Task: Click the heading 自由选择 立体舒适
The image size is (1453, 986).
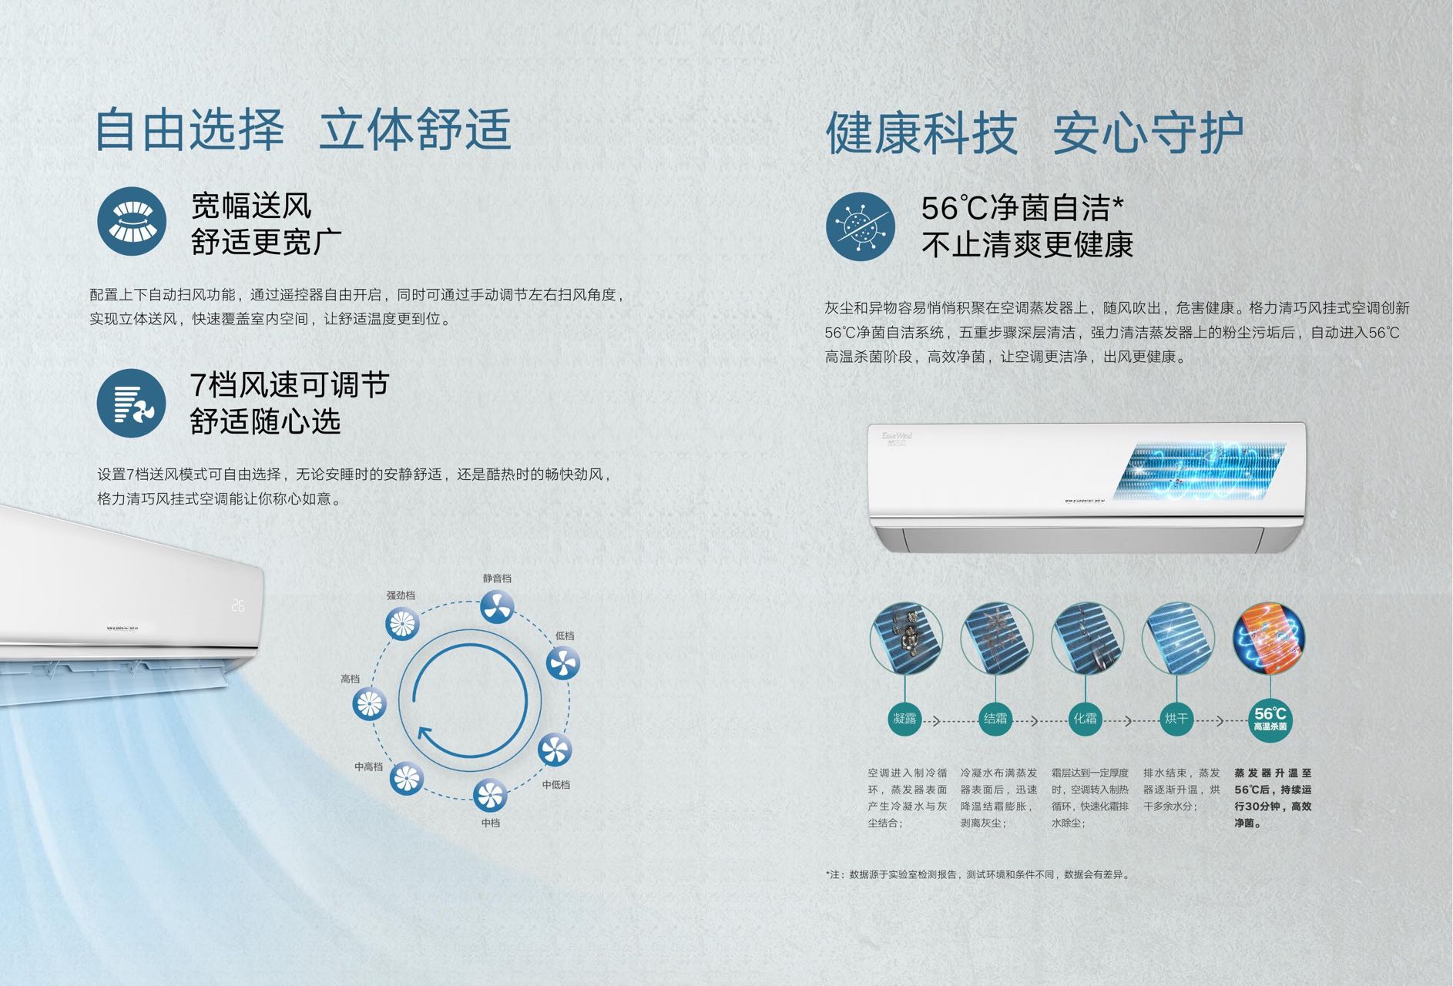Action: pos(303,129)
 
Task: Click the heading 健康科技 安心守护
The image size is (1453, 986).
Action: pos(1035,133)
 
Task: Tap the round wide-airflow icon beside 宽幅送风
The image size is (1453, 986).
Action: pos(132,221)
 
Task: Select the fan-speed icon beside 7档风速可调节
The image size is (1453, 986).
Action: pos(132,403)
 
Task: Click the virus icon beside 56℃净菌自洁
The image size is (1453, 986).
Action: pos(861,226)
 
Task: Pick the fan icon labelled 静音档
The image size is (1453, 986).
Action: pos(497,607)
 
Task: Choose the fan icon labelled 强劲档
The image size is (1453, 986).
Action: pos(401,623)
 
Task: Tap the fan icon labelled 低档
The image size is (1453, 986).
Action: pos(563,663)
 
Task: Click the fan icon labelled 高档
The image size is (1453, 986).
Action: pos(369,704)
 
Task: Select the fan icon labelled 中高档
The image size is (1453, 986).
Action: pos(407,779)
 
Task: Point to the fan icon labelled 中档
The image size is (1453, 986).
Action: pos(490,796)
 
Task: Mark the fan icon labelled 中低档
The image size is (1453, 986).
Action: pos(555,750)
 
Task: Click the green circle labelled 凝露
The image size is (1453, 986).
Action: pos(904,719)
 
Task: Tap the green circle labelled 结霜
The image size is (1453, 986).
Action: pos(995,719)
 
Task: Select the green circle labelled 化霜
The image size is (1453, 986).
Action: pos(1086,719)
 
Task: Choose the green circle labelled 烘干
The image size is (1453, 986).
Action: pos(1176,719)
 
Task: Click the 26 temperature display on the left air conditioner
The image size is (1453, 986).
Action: pos(238,605)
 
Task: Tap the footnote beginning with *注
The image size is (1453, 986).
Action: pos(977,874)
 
